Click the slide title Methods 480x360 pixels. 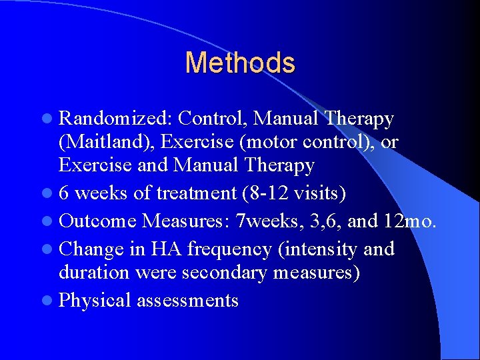pyautogui.click(x=239, y=63)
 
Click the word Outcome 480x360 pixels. pyautogui.click(x=98, y=221)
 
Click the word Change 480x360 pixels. pyautogui.click(x=91, y=249)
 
